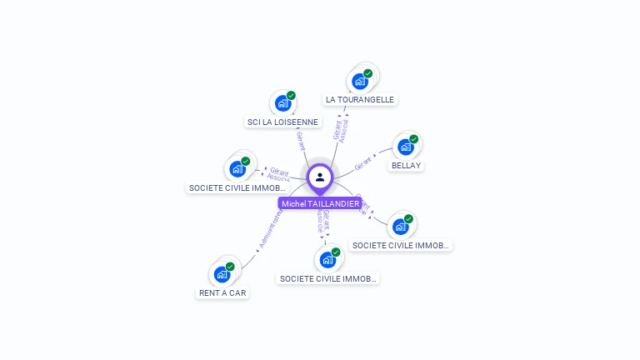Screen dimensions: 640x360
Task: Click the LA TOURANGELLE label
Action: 360,99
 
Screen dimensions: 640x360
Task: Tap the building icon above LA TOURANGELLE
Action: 359,82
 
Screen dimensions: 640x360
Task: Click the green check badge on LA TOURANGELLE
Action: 367,73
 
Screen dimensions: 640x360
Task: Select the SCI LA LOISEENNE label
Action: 282,122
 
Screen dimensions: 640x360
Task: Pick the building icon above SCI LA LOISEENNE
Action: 282,103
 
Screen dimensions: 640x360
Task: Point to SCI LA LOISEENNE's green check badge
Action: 291,95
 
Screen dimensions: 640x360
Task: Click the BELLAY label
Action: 406,165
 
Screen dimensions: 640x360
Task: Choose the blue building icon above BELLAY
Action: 405,147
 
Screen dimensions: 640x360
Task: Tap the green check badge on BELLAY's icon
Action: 413,139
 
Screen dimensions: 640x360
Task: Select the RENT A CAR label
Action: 222,292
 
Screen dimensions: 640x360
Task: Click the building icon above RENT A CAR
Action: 222,274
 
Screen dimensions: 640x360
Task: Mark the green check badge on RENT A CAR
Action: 230,267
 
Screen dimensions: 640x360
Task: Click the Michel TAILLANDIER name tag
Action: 320,203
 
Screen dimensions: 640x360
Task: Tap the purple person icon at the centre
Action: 320,177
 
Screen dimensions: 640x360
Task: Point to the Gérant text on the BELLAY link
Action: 363,163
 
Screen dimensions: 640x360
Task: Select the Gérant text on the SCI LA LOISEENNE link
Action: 301,141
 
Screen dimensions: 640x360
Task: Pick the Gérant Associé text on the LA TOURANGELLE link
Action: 340,130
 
